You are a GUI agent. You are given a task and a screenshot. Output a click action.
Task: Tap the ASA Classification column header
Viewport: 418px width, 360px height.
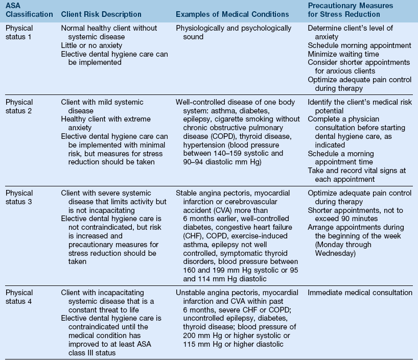29,10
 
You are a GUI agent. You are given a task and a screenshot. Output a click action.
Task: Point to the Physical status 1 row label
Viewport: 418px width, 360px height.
19,32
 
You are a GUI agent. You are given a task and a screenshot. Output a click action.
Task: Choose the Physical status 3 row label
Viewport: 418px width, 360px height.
19,198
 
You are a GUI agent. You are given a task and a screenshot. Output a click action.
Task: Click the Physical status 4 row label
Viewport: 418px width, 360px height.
19,297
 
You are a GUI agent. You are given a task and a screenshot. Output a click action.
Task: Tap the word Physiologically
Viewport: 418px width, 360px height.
200,28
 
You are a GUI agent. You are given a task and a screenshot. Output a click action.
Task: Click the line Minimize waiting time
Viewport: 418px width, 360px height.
343,54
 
